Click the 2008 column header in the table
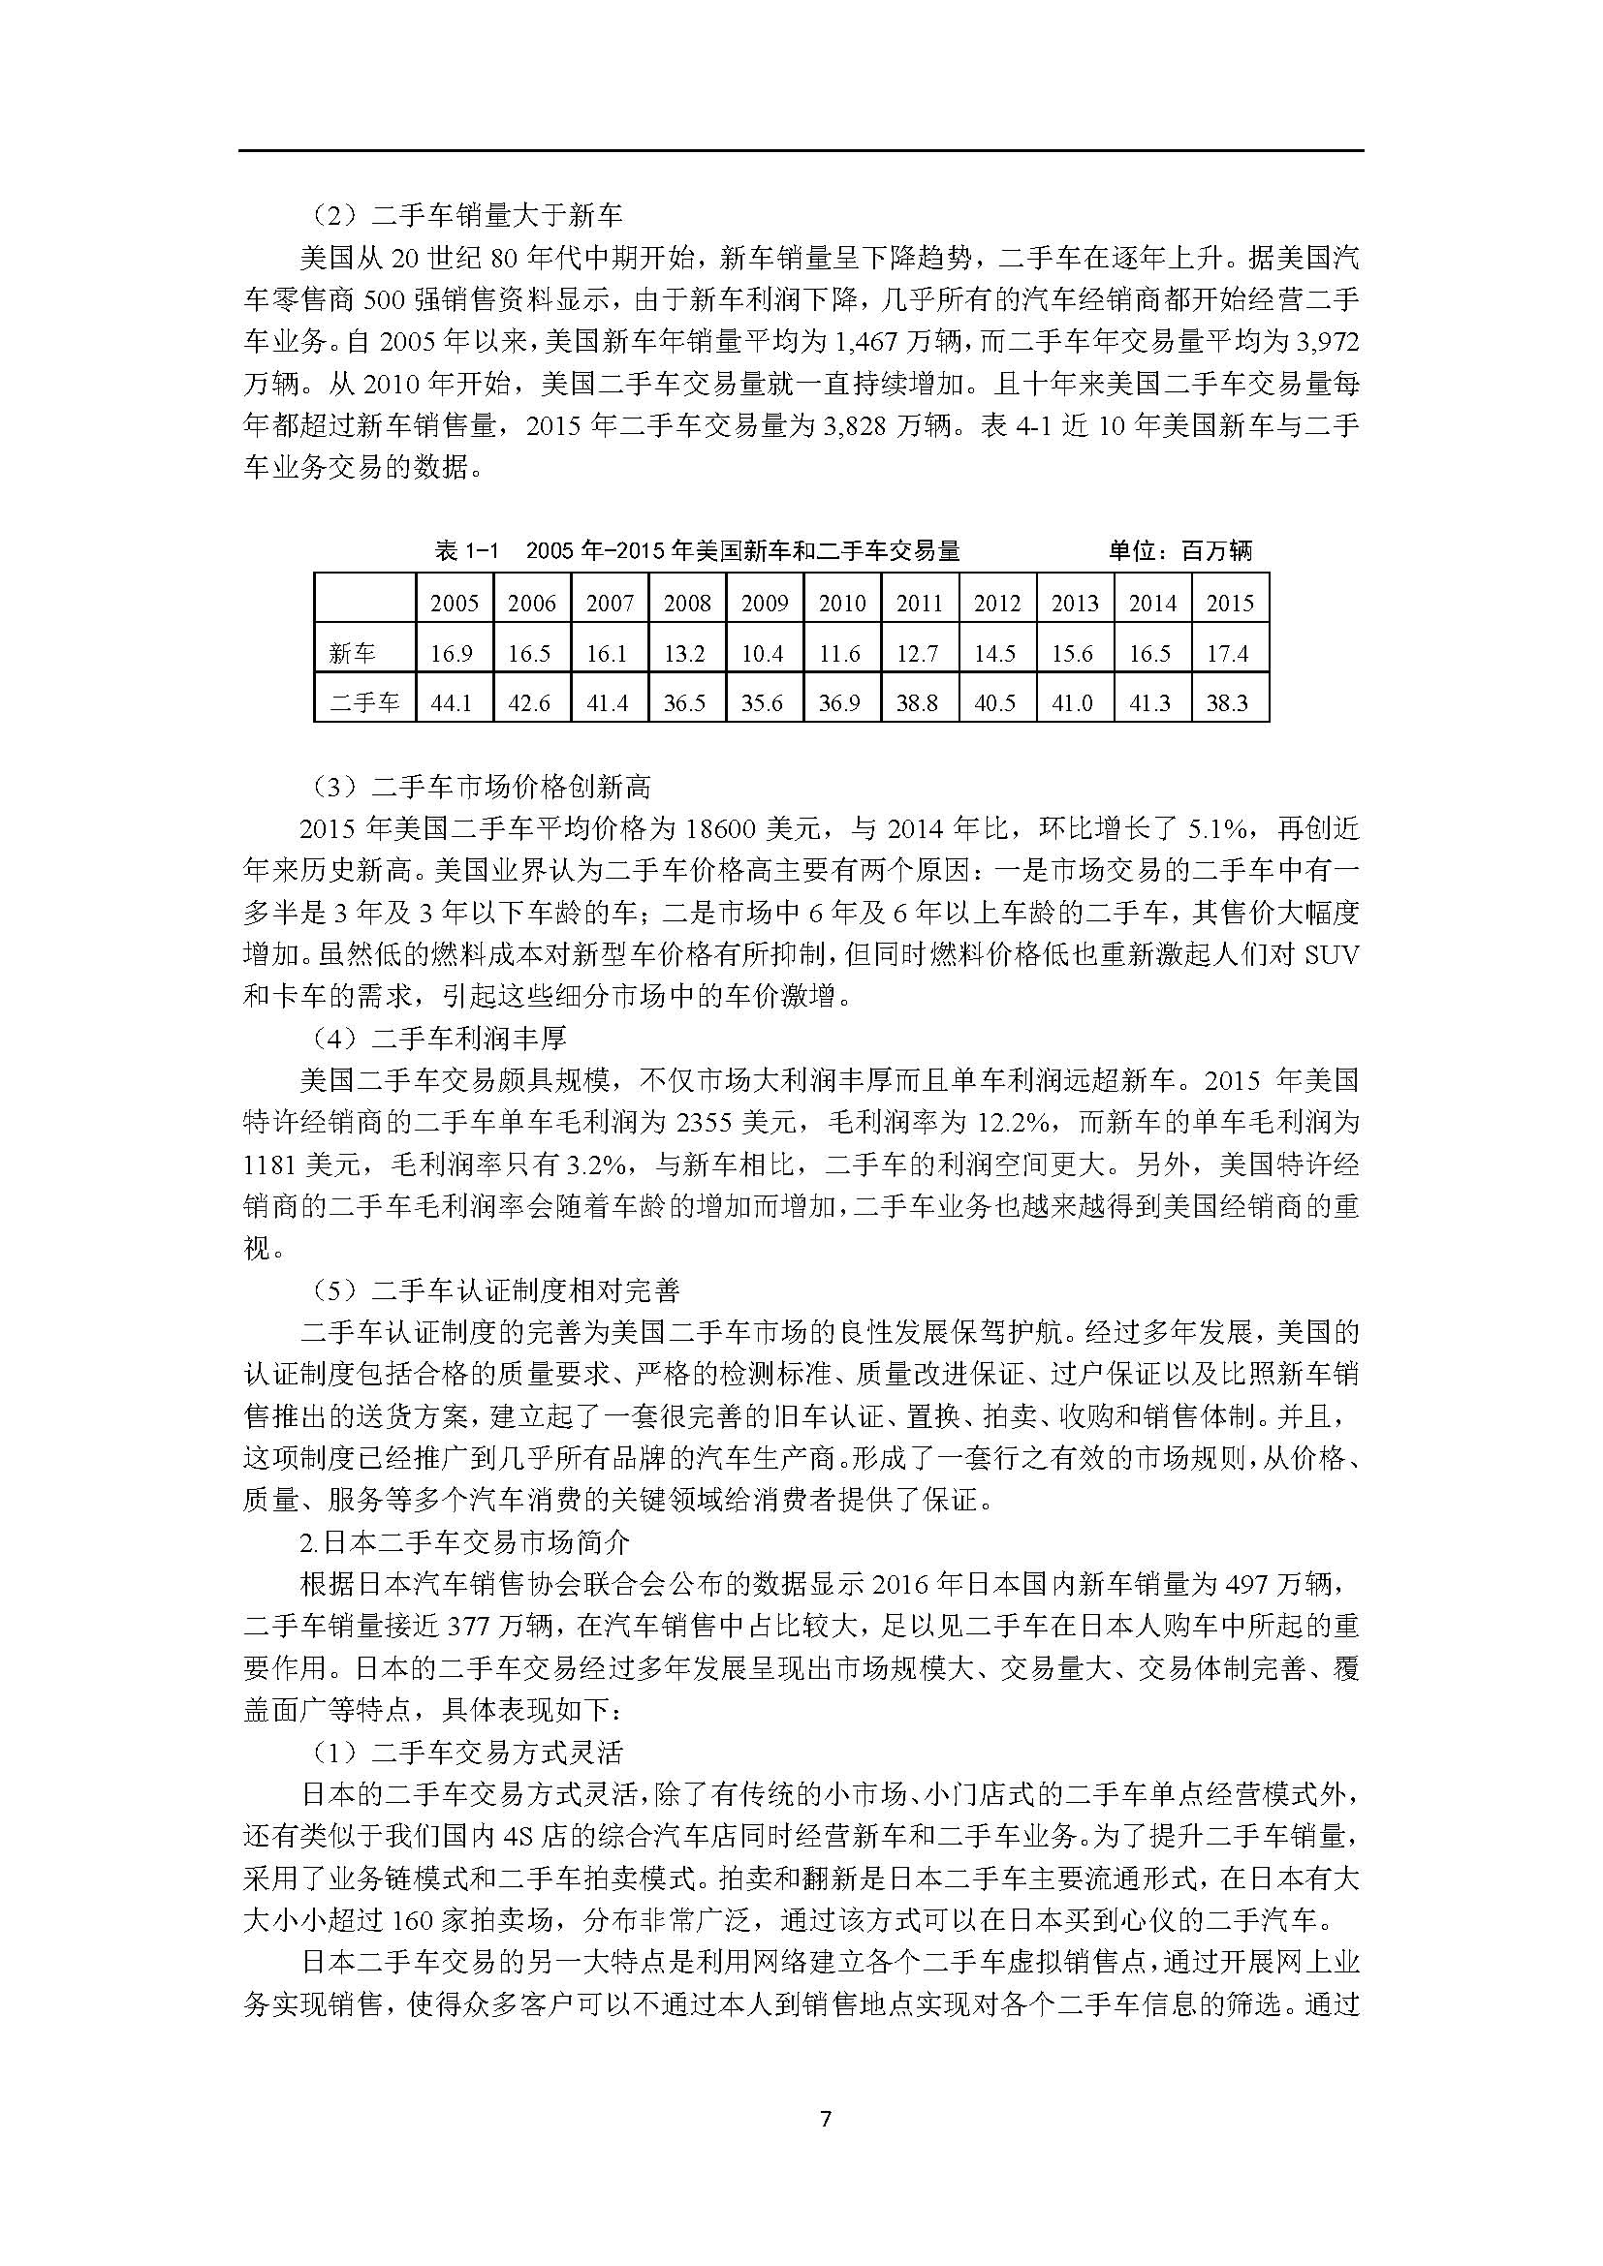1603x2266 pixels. click(x=687, y=603)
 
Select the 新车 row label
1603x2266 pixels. click(x=353, y=653)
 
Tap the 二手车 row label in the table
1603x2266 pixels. click(x=364, y=702)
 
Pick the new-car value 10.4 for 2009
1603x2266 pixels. click(x=763, y=653)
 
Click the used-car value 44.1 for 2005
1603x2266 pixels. click(x=452, y=702)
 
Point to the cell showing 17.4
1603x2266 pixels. click(x=1229, y=653)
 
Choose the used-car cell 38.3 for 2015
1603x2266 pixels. click(x=1229, y=702)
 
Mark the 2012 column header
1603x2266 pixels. click(x=997, y=603)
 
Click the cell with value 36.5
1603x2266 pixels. click(x=685, y=702)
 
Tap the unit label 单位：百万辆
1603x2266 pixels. click(x=1179, y=550)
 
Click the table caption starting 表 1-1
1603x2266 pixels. click(x=697, y=550)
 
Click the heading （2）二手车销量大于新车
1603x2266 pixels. click(x=462, y=215)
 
